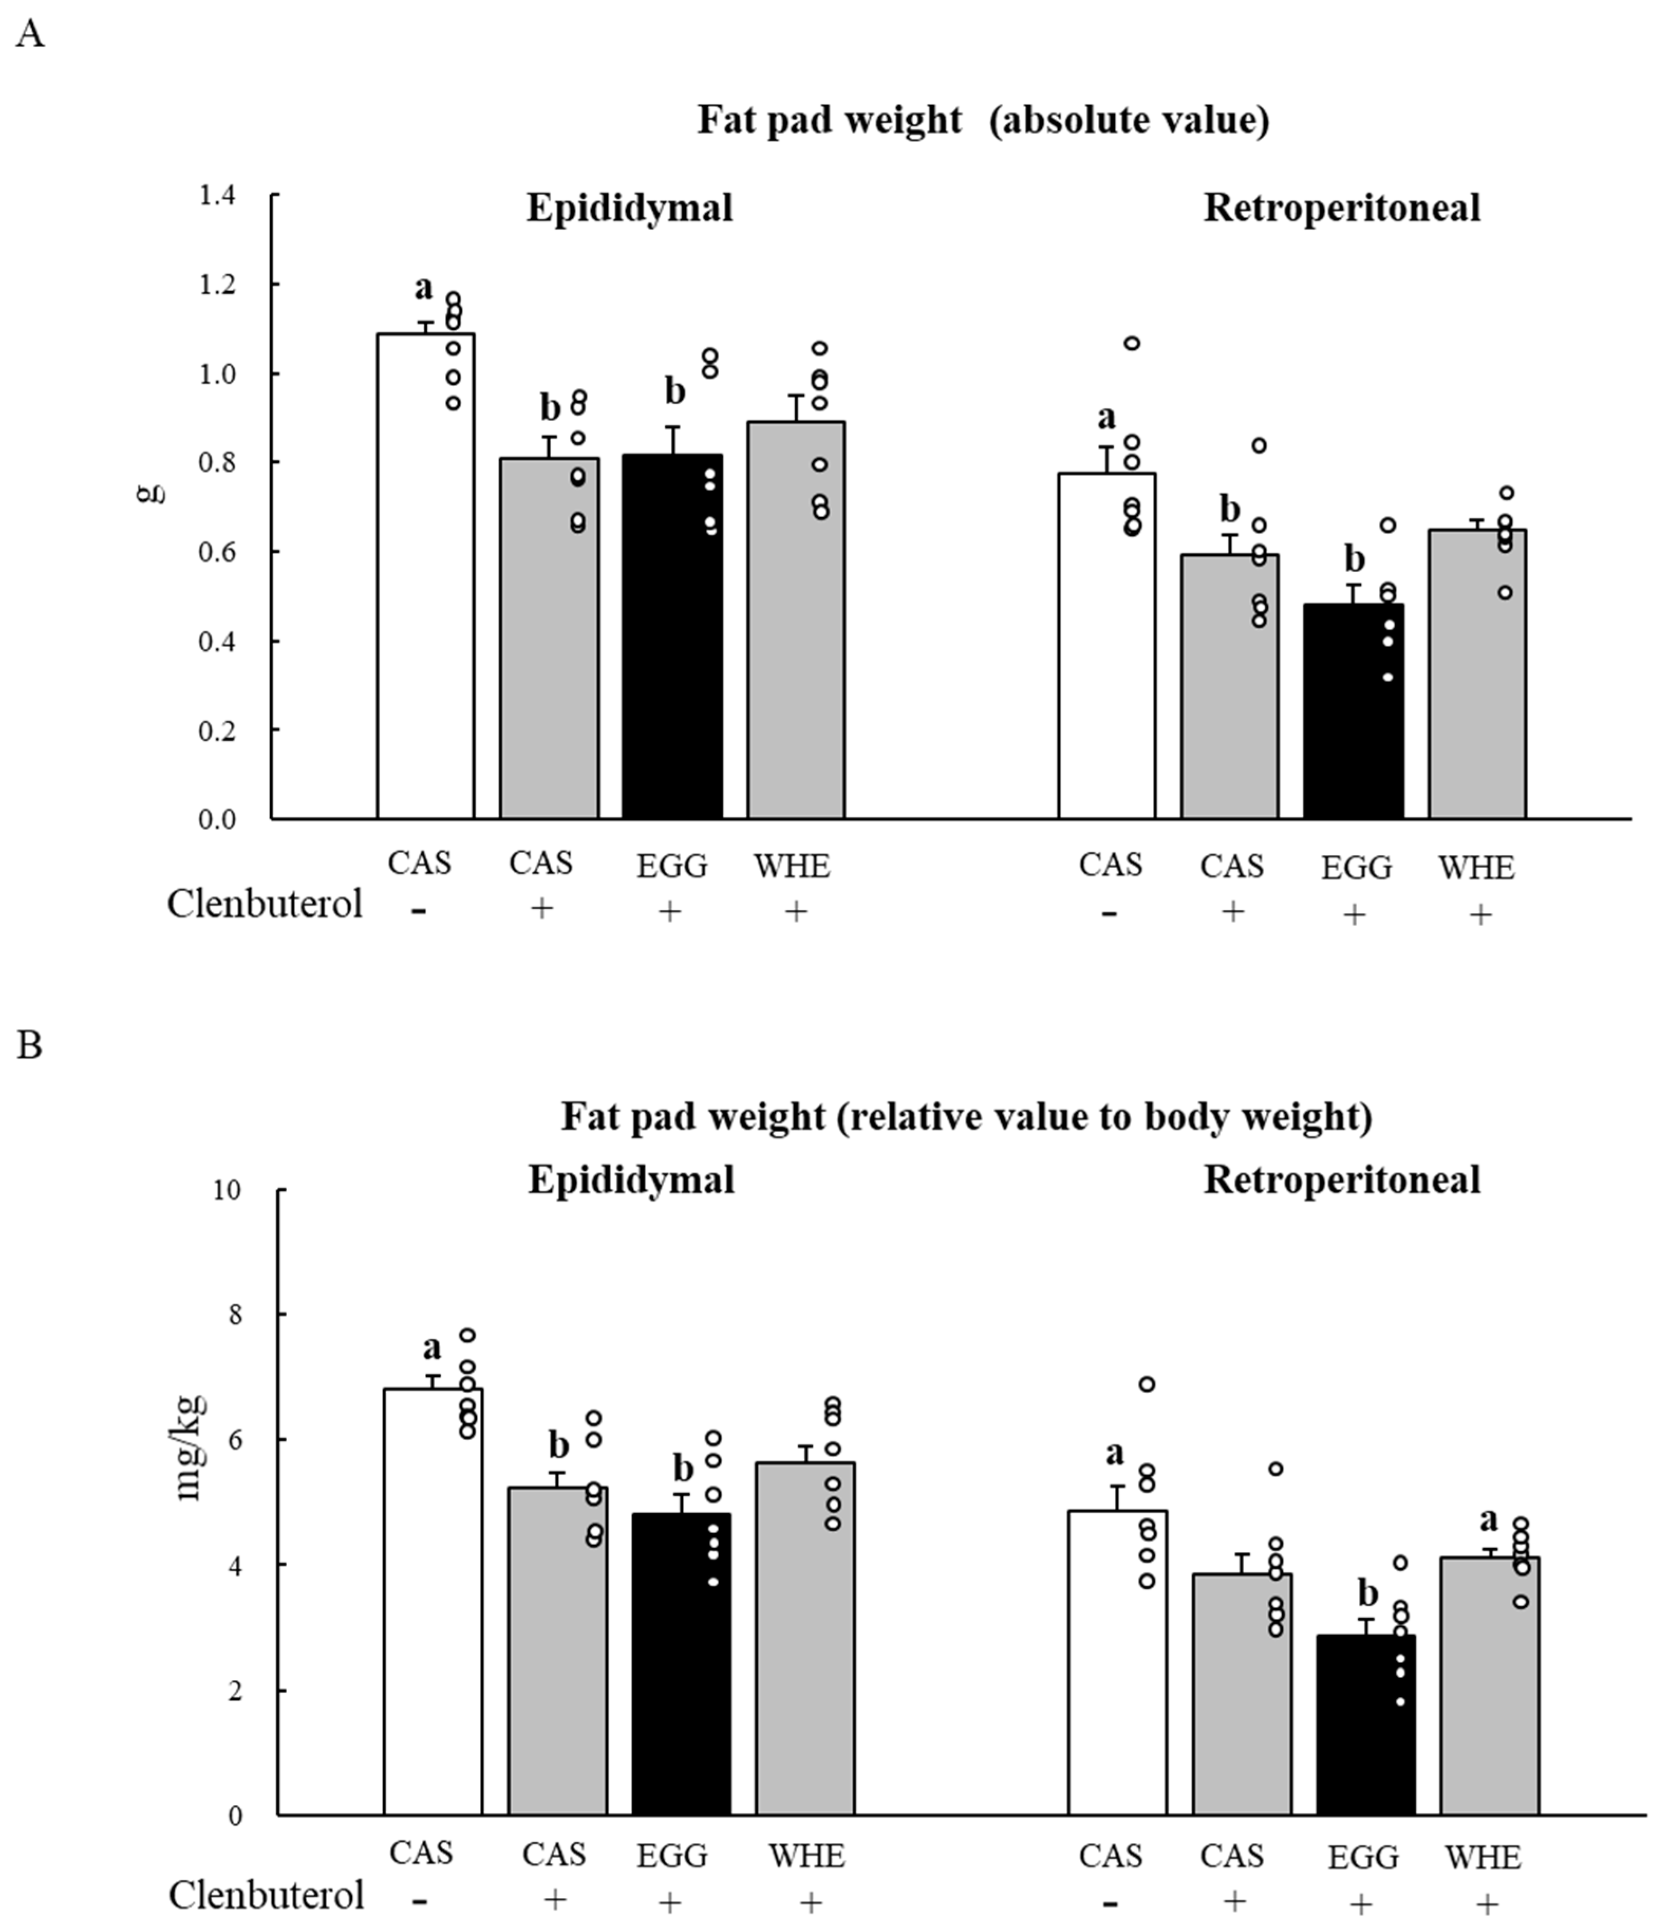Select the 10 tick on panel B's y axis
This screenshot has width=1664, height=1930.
point(226,1190)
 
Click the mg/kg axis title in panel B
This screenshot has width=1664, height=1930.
point(189,1449)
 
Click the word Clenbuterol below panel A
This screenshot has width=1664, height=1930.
point(265,903)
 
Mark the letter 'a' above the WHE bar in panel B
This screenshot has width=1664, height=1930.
point(1488,1519)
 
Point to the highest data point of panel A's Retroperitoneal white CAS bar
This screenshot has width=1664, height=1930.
point(1131,344)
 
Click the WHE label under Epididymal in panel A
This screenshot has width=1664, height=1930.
point(792,866)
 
